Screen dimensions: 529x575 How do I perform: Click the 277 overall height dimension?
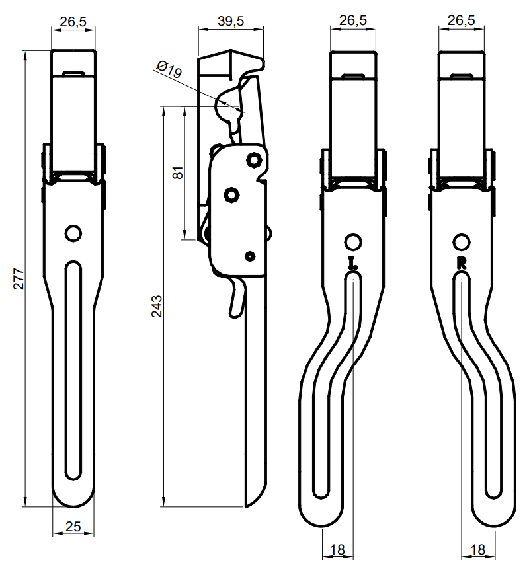(19, 279)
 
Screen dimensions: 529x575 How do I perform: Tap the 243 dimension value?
(157, 306)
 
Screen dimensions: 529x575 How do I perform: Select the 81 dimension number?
(178, 172)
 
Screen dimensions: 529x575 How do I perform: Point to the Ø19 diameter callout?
(169, 69)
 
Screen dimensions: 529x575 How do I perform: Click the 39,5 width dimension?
(231, 21)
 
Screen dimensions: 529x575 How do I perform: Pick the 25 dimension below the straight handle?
(73, 527)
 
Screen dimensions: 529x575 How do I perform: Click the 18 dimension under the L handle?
(337, 550)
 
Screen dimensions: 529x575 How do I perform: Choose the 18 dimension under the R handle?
(477, 550)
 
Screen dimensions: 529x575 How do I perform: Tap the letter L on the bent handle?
(353, 263)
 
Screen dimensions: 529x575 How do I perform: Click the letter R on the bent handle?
(462, 263)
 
